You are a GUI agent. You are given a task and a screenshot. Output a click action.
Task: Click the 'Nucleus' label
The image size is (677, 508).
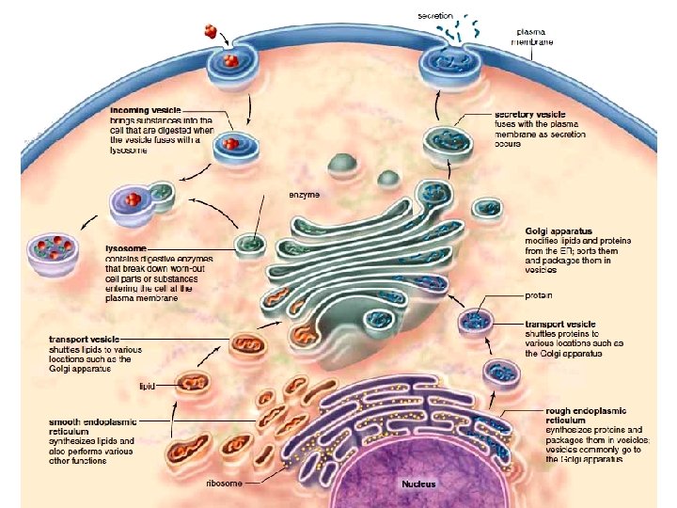[417, 484]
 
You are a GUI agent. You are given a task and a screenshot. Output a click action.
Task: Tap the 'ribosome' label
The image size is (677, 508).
[224, 484]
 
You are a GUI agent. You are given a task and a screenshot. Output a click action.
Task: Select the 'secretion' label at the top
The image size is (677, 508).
[435, 16]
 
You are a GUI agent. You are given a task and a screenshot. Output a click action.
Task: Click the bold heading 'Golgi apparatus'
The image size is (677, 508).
[556, 230]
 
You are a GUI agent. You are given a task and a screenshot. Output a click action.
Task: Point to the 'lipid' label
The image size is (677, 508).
[147, 386]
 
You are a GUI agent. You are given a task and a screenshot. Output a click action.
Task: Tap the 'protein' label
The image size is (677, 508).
[537, 295]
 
